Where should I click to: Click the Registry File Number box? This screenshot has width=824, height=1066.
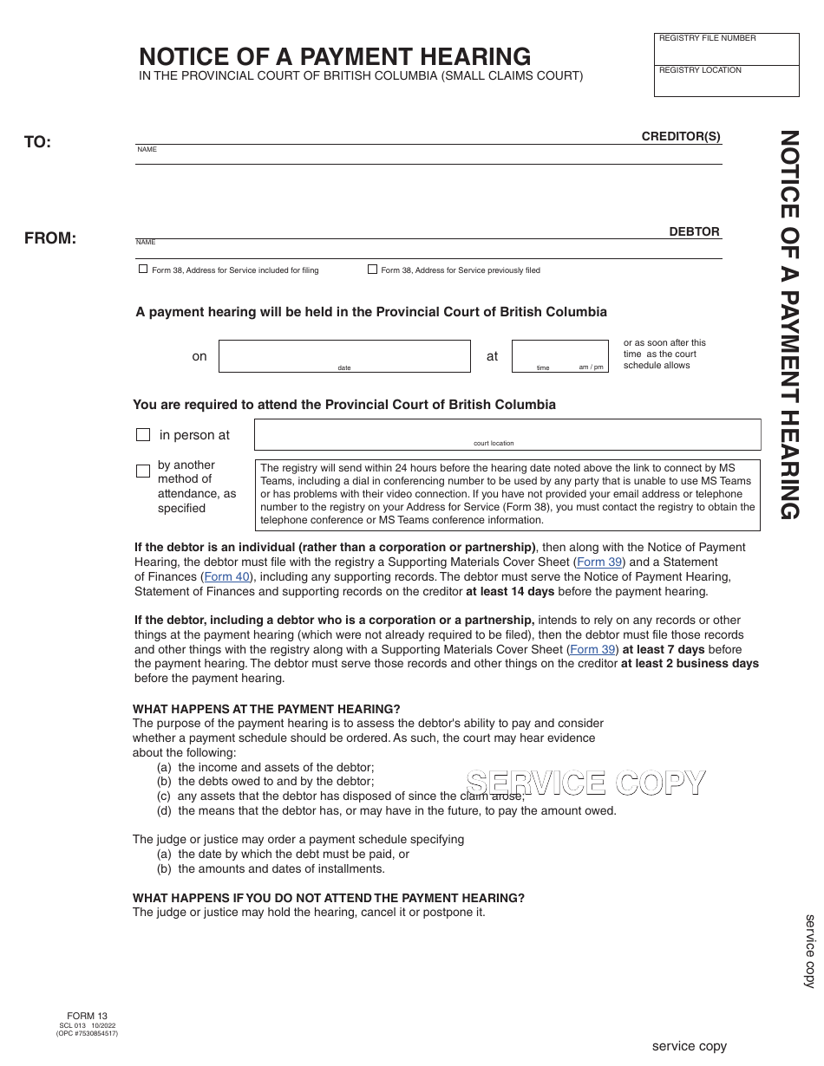point(726,50)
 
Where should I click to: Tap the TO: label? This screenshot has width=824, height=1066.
point(38,142)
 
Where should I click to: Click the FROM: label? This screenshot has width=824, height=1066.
point(50,238)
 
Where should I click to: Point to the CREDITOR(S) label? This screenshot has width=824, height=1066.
point(681,136)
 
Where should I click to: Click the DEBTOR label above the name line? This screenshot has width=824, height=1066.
point(694,231)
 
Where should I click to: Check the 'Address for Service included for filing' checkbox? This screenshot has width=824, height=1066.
point(143,270)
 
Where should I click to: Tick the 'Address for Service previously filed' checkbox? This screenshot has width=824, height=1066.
point(373,270)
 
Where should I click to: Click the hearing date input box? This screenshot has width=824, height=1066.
point(344,355)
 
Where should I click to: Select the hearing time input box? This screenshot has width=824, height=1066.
point(559,355)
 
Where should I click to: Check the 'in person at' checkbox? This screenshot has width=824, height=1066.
point(143,435)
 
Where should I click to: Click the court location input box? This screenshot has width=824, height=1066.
point(507,433)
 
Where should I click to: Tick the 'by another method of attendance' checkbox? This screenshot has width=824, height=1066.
point(143,471)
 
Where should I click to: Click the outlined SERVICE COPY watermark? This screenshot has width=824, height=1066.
point(585,783)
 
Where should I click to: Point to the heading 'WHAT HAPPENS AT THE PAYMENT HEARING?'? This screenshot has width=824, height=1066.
point(266,709)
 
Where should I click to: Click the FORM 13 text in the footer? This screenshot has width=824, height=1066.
point(87,1016)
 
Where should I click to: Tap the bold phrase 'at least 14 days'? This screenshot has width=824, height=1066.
point(510,591)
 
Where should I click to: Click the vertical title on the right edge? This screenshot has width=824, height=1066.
point(788,324)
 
